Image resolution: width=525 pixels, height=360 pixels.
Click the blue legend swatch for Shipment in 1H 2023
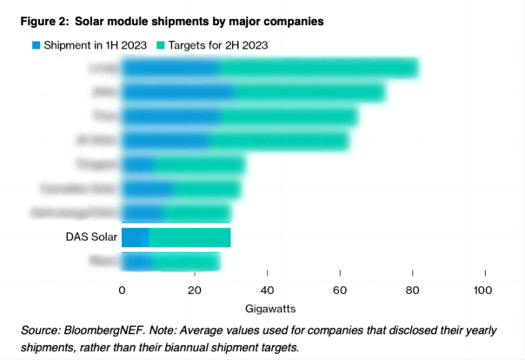click(x=36, y=43)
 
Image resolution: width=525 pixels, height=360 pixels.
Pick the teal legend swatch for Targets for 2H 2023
click(x=161, y=43)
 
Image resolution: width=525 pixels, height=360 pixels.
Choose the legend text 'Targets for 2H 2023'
click(x=217, y=43)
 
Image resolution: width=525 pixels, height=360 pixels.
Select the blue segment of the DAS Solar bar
click(x=135, y=237)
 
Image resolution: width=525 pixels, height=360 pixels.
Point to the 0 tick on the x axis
click(x=122, y=290)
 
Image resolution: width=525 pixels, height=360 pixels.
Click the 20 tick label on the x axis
click(x=195, y=290)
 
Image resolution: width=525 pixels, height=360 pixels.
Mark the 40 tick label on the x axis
click(x=267, y=290)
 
